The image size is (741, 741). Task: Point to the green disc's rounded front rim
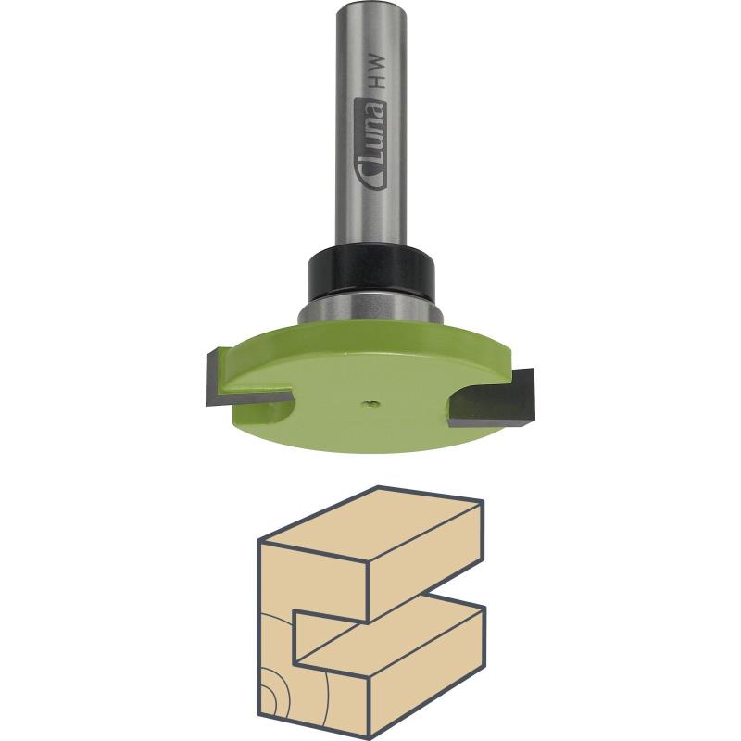370,445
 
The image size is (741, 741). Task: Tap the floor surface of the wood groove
389,639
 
